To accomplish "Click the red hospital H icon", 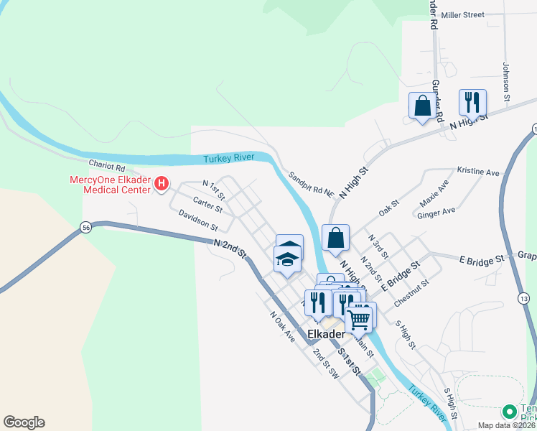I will point(162,185).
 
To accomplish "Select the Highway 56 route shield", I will point(85,227).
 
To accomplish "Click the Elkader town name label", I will point(327,335).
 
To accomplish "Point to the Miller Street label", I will point(463,14).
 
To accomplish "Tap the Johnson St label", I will point(505,81).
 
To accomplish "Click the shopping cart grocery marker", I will point(359,318).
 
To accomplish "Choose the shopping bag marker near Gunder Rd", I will point(422,106).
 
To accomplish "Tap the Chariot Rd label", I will point(106,167).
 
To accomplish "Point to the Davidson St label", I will point(198,221).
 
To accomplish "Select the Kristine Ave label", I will point(477,172).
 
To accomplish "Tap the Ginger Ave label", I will point(436,212).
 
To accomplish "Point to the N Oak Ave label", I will point(282,325).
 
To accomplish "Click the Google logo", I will point(24,422).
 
